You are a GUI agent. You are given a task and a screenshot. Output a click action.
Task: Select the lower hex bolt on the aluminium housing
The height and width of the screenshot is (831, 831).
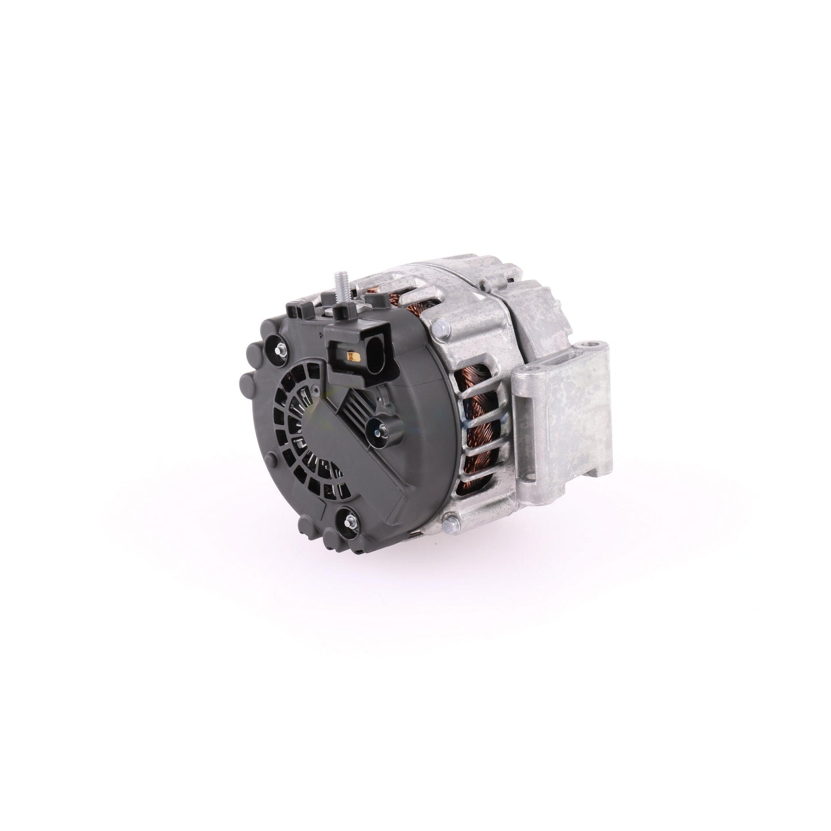(450, 507)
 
